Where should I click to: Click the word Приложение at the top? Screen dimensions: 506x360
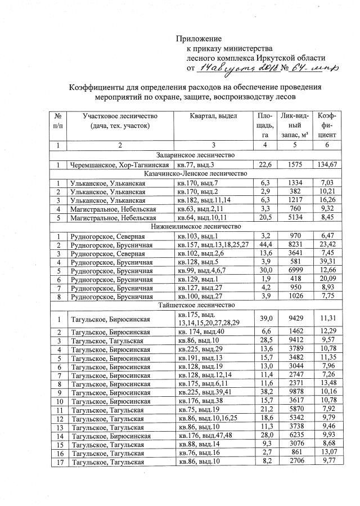(x=199, y=39)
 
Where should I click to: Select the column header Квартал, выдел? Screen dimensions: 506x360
(x=214, y=115)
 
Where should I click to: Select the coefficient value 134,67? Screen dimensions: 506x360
(x=327, y=164)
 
